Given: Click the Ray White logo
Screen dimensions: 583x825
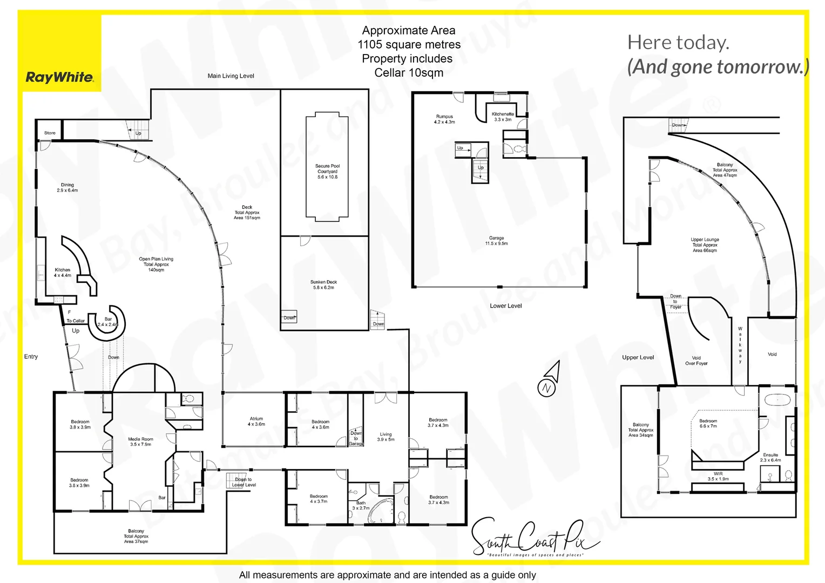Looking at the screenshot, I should (59, 77).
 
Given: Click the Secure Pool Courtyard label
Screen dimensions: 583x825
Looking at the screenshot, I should (327, 172).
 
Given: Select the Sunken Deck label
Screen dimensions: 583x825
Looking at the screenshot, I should (323, 284).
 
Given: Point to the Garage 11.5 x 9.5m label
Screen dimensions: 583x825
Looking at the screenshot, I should (496, 241).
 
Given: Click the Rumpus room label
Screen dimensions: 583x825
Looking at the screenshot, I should (444, 119).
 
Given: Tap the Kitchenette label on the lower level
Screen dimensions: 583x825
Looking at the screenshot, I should (502, 117).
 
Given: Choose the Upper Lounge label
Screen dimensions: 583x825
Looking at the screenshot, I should (705, 245).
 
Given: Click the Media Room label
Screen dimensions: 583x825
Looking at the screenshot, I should (140, 442).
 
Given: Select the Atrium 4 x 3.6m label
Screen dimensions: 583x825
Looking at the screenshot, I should (256, 421).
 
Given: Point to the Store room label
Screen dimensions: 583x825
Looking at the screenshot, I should (50, 133).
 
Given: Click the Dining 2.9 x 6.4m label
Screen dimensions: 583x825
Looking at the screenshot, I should (67, 187).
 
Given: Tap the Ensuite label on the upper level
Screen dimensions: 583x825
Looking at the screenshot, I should (770, 458).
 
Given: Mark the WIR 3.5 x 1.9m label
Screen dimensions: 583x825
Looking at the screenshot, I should (718, 476).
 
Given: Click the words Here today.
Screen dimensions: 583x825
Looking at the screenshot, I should (678, 43).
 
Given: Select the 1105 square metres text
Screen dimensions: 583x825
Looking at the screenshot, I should (409, 44).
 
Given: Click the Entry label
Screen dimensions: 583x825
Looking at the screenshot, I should (31, 356).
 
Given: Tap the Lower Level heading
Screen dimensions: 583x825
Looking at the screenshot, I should (505, 306).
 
